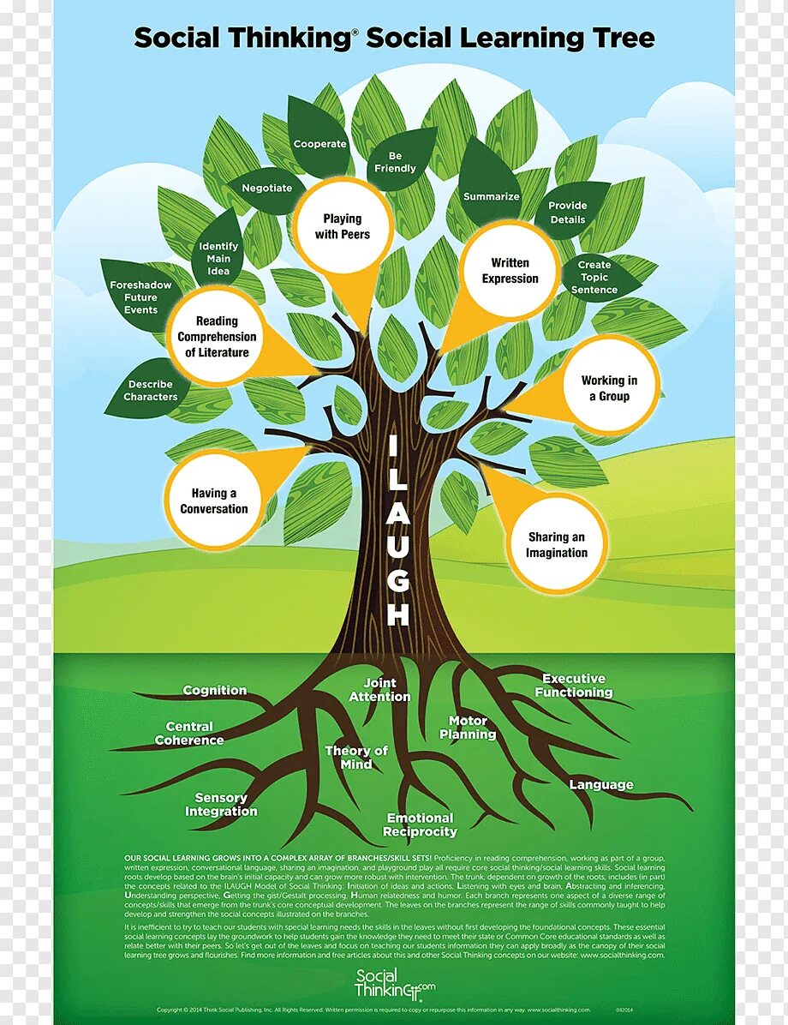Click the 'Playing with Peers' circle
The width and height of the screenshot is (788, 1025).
point(343,226)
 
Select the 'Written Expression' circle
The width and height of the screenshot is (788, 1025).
point(510,271)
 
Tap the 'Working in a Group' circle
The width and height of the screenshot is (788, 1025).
point(609,388)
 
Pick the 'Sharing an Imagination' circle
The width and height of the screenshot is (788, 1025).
point(557,545)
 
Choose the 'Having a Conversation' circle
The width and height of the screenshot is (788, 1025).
point(213,501)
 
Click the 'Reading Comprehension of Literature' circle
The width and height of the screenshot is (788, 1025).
point(217,337)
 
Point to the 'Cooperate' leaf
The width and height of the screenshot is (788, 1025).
point(320,144)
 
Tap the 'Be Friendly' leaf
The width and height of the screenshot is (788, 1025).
point(395,162)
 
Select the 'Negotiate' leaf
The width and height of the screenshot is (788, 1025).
point(266,189)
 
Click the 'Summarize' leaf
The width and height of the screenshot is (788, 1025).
point(492,196)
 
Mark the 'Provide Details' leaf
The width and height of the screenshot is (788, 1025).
point(568,213)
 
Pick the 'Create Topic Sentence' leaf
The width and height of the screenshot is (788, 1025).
point(594,278)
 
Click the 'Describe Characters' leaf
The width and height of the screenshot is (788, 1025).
point(151,391)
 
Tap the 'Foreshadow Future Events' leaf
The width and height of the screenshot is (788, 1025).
point(140,297)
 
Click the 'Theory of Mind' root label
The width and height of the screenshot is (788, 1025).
point(356,757)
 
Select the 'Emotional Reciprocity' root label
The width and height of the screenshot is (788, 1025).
point(420,824)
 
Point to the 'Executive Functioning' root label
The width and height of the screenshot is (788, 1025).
point(574,686)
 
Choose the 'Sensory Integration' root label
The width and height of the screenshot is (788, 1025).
point(221,805)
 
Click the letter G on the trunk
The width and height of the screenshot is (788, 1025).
point(398,581)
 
